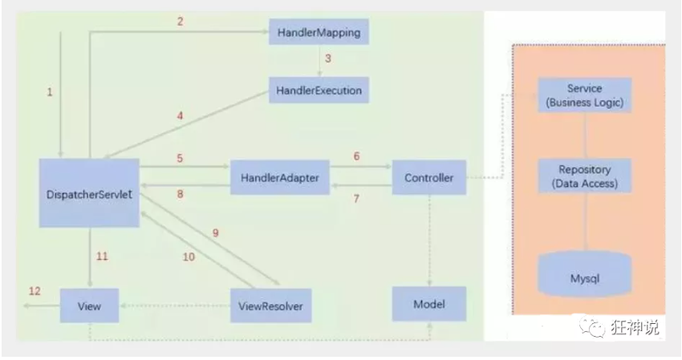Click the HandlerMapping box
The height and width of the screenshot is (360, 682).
319,34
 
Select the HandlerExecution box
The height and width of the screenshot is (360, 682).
319,91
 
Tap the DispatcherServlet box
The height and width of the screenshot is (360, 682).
89,192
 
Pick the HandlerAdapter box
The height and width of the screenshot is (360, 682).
280,178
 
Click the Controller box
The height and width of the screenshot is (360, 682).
428,178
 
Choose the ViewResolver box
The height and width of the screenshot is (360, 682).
270,305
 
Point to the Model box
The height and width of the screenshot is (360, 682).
428,305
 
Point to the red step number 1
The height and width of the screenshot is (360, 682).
49,92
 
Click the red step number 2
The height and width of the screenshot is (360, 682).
180,22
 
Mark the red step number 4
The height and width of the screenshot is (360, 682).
180,115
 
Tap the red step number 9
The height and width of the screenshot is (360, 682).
215,233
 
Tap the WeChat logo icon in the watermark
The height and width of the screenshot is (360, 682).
597,328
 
